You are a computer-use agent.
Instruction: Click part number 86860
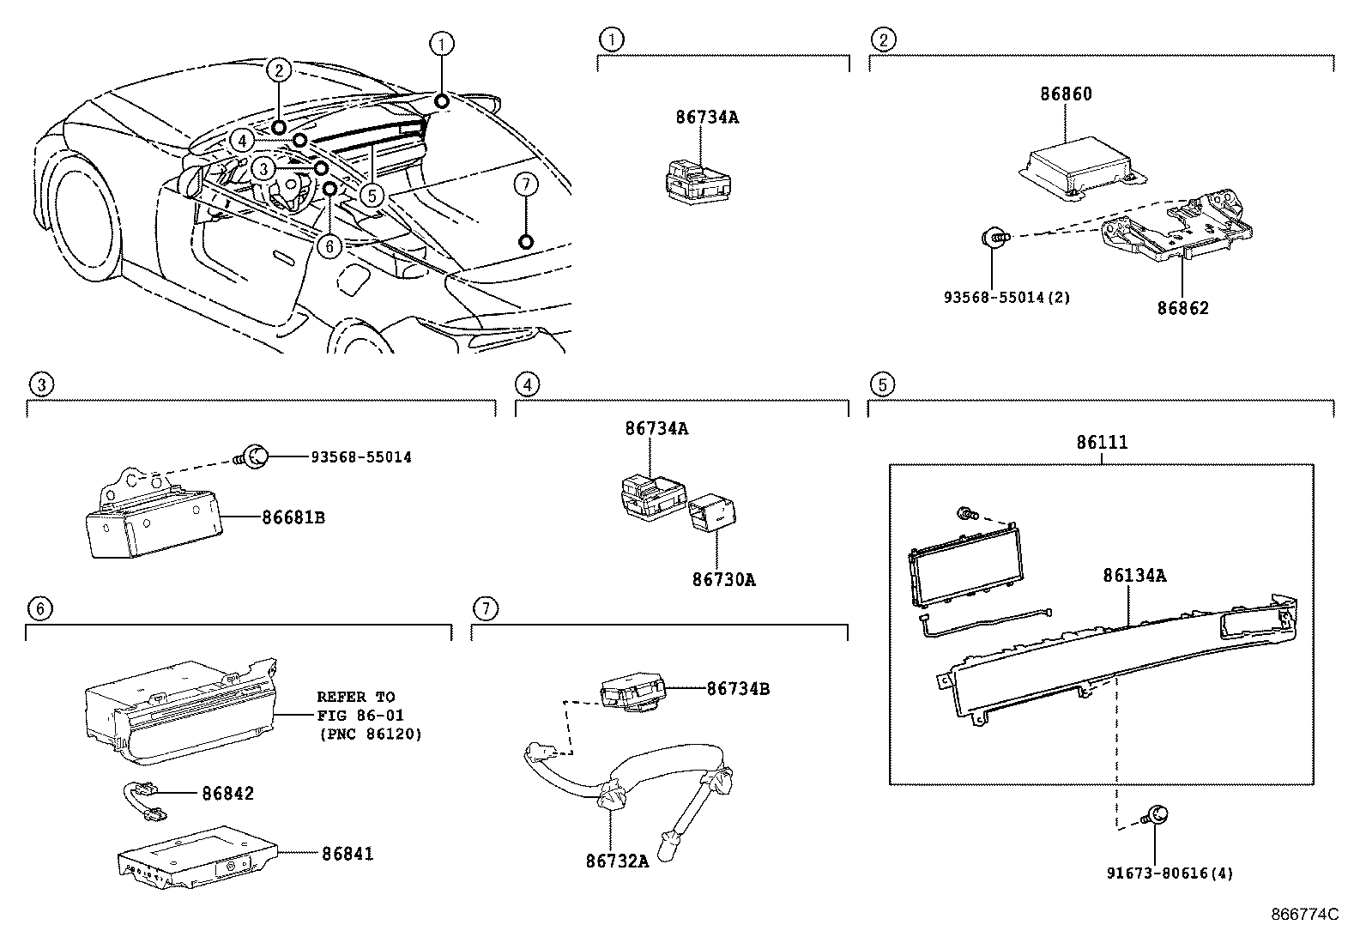pyautogui.click(x=1066, y=94)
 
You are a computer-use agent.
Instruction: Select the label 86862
pyautogui.click(x=1182, y=308)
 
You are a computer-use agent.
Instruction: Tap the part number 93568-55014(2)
pyautogui.click(x=1006, y=298)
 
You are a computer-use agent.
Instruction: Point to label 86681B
pyautogui.click(x=293, y=517)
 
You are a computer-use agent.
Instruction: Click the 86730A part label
pyautogui.click(x=723, y=580)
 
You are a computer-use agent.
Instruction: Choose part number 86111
pyautogui.click(x=1102, y=443)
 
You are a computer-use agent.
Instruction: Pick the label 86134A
pyautogui.click(x=1133, y=576)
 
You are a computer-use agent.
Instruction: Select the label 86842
pyautogui.click(x=228, y=794)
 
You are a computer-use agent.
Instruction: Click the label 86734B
pyautogui.click(x=738, y=688)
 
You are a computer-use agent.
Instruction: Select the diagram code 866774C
pyautogui.click(x=1304, y=915)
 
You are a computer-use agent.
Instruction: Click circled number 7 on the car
pyautogui.click(x=527, y=184)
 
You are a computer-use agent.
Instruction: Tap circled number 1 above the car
pyautogui.click(x=441, y=44)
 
